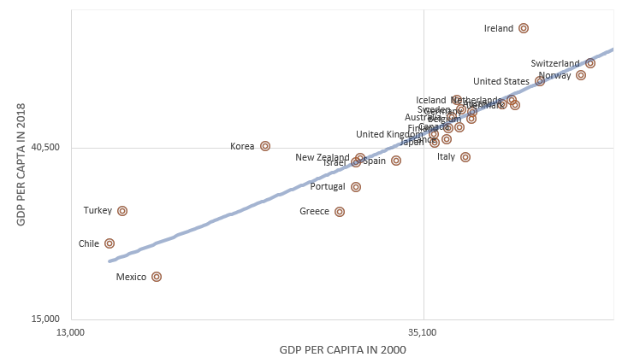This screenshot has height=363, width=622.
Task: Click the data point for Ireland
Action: click(524, 28)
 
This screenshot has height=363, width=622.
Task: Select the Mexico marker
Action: click(157, 277)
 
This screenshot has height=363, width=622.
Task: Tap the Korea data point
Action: click(265, 146)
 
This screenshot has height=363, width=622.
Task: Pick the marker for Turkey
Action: click(122, 211)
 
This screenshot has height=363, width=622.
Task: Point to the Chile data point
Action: click(110, 243)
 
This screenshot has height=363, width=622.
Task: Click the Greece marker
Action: click(340, 212)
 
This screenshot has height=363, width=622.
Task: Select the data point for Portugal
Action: click(356, 187)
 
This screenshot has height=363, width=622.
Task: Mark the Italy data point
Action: click(465, 157)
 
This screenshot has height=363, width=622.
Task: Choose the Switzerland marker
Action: click(590, 63)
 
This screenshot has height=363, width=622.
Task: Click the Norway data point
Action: click(581, 75)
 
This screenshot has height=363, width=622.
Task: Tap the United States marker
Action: click(540, 81)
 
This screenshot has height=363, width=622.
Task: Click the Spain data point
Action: click(396, 161)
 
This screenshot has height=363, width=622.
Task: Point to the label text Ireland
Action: click(499, 28)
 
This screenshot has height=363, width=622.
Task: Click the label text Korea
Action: click(242, 146)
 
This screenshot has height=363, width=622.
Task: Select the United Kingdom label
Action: click(388, 134)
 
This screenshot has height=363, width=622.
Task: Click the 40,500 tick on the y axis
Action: click(44, 148)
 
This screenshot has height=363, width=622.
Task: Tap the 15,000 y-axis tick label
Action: click(44, 319)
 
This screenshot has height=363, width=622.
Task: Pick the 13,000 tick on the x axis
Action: click(69, 332)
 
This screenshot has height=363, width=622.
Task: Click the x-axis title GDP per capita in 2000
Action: click(342, 349)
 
